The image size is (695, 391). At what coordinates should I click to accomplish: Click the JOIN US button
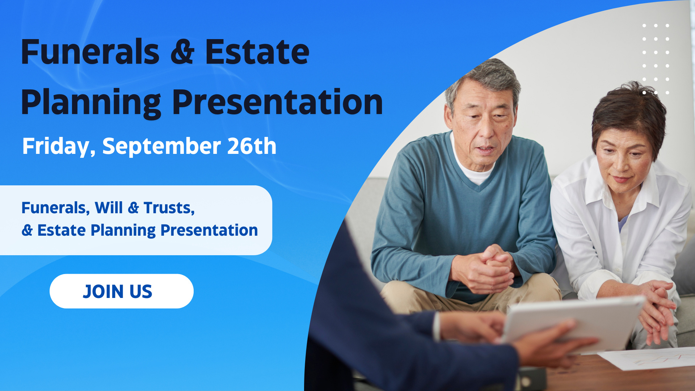[122, 291]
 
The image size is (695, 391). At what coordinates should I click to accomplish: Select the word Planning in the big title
[91, 103]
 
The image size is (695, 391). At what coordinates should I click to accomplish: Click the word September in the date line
[161, 147]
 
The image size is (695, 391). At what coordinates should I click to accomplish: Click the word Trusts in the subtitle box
[169, 208]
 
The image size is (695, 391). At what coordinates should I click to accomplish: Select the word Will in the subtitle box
[109, 207]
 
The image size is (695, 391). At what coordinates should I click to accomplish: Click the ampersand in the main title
[182, 52]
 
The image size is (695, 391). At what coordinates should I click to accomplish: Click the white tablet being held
[572, 322]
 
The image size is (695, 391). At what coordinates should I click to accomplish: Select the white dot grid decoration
[656, 59]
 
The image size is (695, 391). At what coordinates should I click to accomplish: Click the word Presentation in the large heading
[277, 103]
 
